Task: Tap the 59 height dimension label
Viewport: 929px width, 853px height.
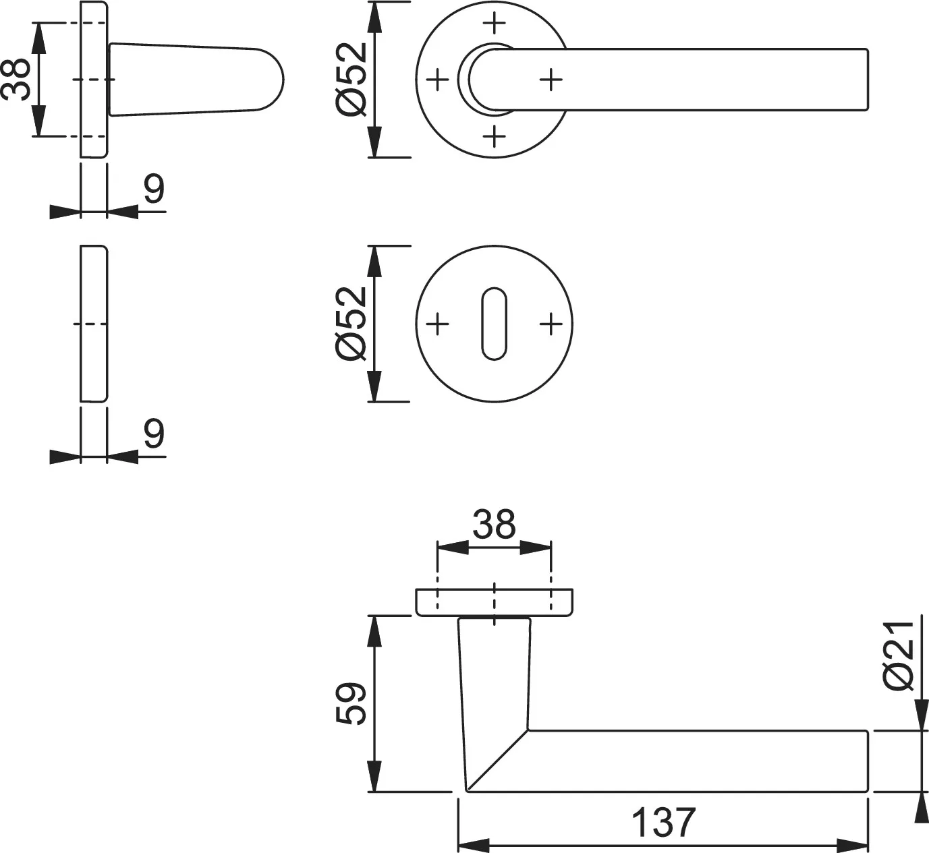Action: click(351, 703)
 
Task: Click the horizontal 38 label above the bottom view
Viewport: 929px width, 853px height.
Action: click(494, 525)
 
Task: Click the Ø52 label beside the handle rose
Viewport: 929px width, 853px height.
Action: click(351, 79)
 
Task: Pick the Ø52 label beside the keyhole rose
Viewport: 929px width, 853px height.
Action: click(351, 324)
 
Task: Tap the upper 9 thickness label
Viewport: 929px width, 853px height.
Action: click(154, 189)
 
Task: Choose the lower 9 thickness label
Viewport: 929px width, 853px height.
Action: click(154, 434)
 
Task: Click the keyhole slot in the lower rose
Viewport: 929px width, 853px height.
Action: click(494, 324)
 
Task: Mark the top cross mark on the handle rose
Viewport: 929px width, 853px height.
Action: click(494, 22)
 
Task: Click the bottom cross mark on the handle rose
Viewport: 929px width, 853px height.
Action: click(494, 136)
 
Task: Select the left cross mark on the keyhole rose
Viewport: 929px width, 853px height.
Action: click(437, 324)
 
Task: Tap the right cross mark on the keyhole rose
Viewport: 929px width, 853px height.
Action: click(551, 324)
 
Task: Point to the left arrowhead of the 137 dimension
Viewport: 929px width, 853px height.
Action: click(474, 845)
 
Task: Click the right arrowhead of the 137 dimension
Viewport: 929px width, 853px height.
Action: click(852, 845)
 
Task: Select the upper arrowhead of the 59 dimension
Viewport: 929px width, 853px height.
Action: click(374, 631)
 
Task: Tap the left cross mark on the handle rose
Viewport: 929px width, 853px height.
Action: click(437, 80)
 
